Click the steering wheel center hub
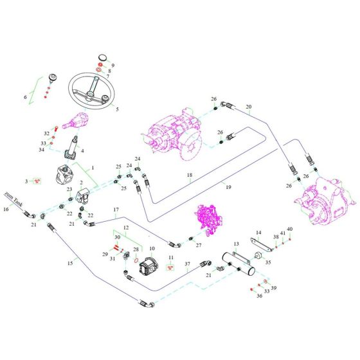[89, 94]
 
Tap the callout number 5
[117, 109]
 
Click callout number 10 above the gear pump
[152, 249]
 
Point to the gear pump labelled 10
[148, 265]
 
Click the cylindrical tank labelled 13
[239, 264]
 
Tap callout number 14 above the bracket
[258, 233]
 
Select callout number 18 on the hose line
[190, 175]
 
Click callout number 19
[228, 187]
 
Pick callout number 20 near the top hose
[249, 107]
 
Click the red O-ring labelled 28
[136, 260]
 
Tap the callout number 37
[188, 264]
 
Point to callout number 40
[290, 229]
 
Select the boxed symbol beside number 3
[37, 181]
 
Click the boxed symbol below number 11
[170, 267]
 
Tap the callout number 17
[116, 210]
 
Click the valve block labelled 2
[82, 196]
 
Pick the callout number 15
[70, 263]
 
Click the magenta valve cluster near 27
[208, 217]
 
